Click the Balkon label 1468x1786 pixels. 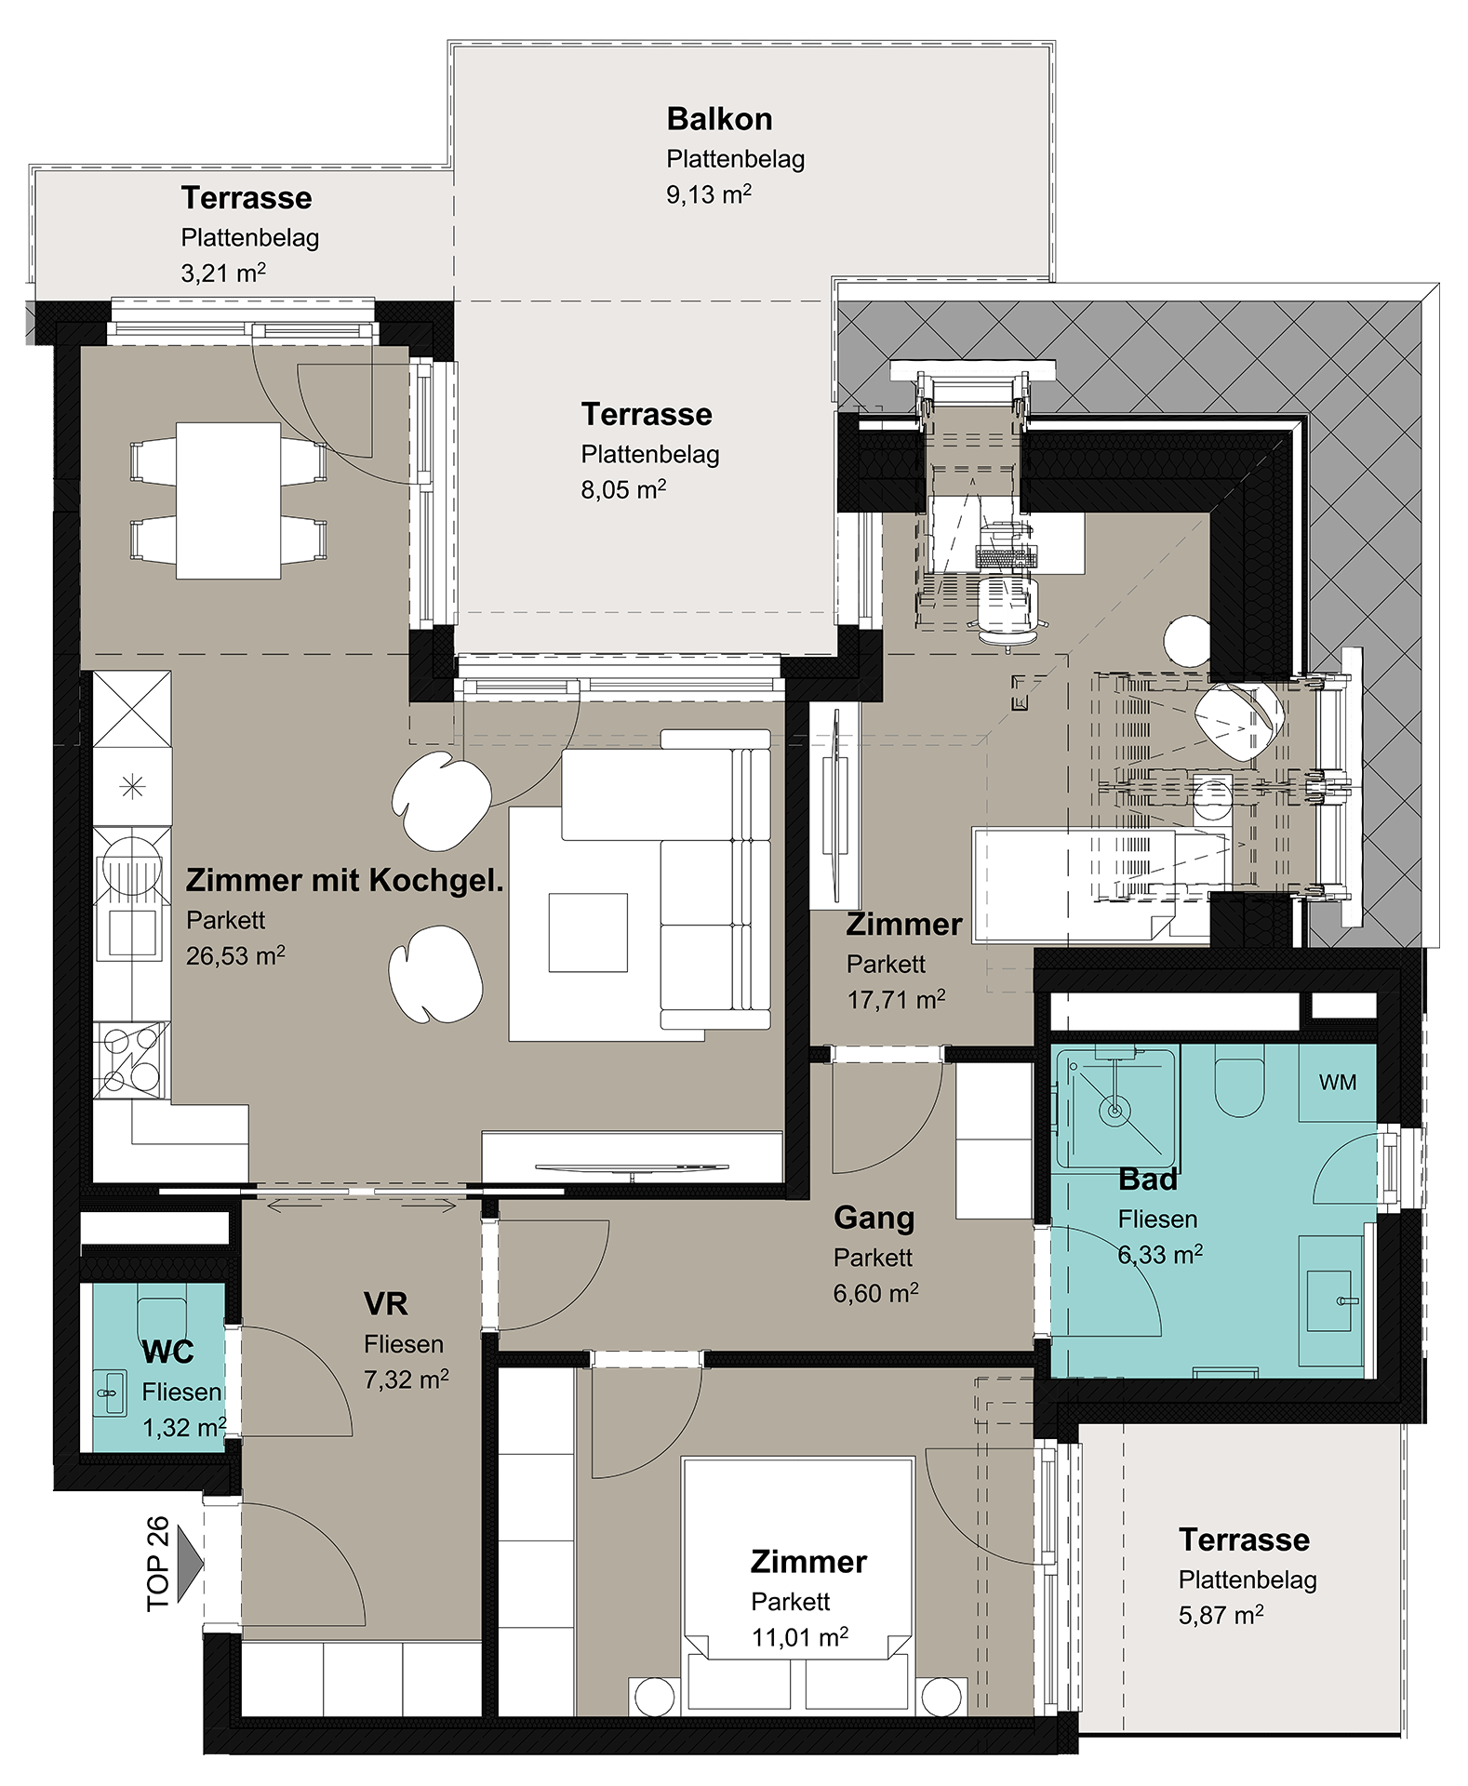click(719, 119)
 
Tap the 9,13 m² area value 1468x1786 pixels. click(709, 193)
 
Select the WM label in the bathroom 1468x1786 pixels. click(1338, 1082)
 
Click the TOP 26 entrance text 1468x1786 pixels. click(158, 1564)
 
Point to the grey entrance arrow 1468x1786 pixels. click(189, 1564)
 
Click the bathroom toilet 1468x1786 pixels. click(1240, 1085)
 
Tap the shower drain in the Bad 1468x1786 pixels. click(1114, 1109)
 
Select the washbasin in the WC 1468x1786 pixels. click(110, 1393)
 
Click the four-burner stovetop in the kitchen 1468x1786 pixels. click(131, 1060)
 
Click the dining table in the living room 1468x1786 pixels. click(229, 500)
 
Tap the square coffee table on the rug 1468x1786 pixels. click(588, 932)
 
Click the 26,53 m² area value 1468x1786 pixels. click(235, 955)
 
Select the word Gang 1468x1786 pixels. click(874, 1218)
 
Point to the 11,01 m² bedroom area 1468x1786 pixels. click(800, 1636)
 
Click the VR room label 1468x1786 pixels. click(386, 1303)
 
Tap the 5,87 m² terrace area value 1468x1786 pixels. click(1221, 1615)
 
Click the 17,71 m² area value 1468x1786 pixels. click(896, 999)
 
